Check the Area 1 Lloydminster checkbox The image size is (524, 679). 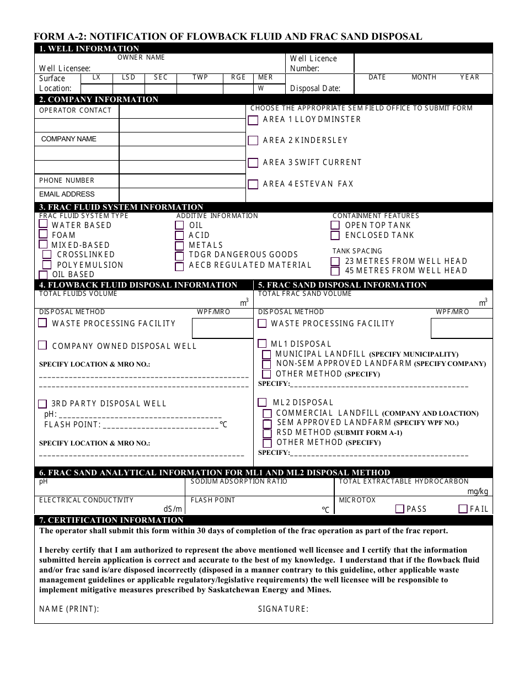253,120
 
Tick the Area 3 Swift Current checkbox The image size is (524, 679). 253,163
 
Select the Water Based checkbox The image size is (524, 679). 43,225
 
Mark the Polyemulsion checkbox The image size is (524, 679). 47,265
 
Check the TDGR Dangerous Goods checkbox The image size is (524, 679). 179,256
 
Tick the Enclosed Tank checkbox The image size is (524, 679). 335,236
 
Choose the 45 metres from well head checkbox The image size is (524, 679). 335,271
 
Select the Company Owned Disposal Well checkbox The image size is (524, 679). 42,346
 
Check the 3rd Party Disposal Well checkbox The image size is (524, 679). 42,404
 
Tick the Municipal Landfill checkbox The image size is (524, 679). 266,354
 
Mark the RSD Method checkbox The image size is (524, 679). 267,433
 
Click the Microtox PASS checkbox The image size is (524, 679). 400,509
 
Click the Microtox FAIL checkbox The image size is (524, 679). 463,509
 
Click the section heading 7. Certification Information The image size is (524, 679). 110,520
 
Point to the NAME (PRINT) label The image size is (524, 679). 69,609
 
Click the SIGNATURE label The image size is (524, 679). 283,609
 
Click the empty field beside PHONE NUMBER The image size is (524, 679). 182,181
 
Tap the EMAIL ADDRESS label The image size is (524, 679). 67,194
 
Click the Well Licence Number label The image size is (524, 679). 313,63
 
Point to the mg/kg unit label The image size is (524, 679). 478,491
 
